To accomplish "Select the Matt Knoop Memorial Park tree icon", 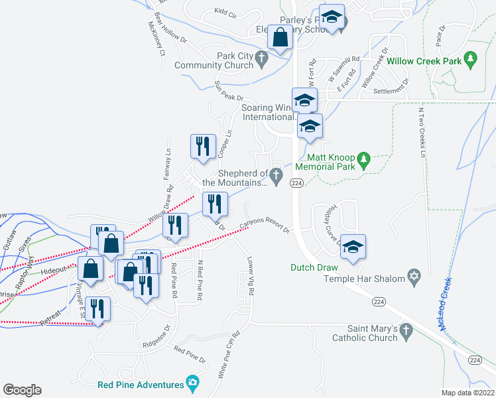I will (363, 160).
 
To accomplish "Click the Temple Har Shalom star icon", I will (414, 279).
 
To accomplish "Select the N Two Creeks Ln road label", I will (420, 133).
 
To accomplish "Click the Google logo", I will (22, 390).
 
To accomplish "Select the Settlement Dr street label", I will (391, 91).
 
